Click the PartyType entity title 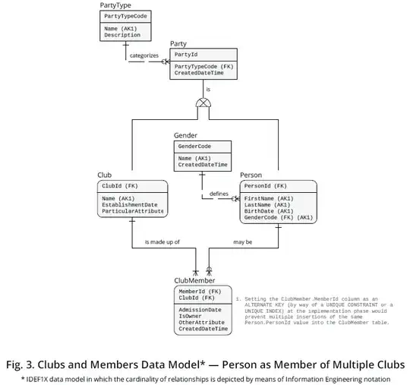115,5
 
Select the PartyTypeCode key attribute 126,15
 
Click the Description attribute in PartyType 121,34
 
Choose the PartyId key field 187,55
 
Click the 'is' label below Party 207,90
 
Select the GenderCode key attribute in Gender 194,146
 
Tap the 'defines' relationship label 219,194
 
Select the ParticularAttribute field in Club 132,211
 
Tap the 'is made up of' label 161,242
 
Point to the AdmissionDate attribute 200,310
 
